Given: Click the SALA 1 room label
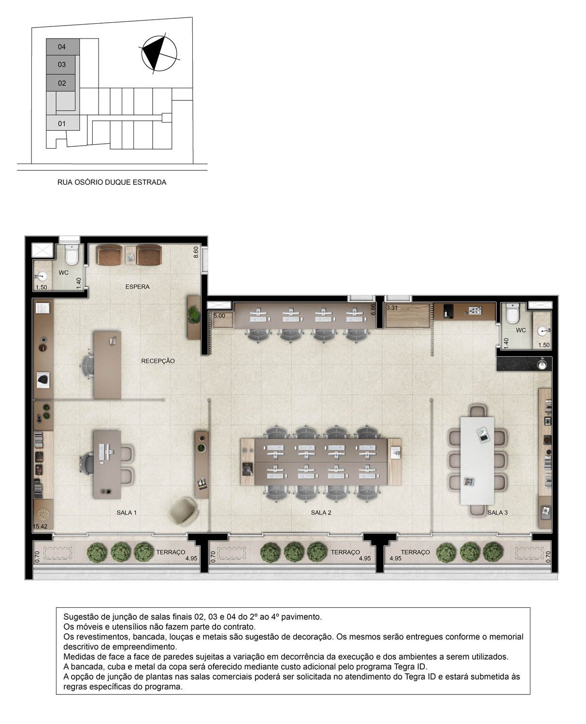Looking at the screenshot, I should pos(127,513).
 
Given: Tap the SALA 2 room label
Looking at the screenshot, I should pos(321,513).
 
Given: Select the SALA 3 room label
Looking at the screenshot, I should pos(498,513).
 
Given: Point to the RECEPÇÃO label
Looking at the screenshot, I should pos(158,361).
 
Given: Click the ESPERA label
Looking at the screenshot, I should pos(137,287).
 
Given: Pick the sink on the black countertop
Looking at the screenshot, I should pos(543,364).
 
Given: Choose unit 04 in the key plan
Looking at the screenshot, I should pos(62,47).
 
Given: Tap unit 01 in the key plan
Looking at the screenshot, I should pos(62,124).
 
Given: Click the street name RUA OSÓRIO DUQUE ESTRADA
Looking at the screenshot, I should pos(112,182).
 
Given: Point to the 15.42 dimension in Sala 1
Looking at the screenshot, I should pos(40,526).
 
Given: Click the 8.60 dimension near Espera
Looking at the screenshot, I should pos(196,252).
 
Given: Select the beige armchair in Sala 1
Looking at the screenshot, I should pos(184,510).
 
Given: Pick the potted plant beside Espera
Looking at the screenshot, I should pos(194,315).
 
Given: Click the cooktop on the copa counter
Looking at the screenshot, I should pos(475,311).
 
